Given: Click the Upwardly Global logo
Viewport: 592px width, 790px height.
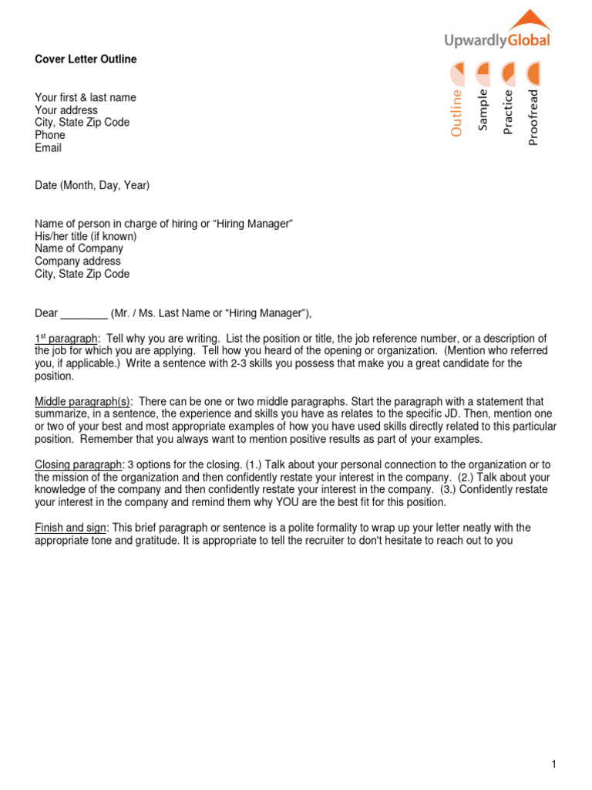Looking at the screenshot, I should (498, 31).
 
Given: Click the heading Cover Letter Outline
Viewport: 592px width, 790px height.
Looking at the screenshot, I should (86, 59).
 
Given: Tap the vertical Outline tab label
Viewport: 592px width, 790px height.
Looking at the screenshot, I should (457, 113).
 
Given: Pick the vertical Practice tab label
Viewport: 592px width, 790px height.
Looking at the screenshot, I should (508, 113).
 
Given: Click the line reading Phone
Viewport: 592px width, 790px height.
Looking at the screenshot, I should (50, 135).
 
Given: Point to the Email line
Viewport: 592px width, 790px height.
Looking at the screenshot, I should (49, 147).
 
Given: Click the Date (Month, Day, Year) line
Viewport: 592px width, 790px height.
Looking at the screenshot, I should (92, 185).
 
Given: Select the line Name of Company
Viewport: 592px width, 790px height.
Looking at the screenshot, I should (79, 248).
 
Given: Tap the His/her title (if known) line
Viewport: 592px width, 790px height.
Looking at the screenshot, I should (86, 236).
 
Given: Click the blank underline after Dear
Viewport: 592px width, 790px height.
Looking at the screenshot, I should (84, 312).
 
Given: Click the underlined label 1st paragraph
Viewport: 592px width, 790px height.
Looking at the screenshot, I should (67, 339).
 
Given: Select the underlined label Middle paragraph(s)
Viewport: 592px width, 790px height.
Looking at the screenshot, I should (83, 402).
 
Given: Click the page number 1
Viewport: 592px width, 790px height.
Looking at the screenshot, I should (553, 764).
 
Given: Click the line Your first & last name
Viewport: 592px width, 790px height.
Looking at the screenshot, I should (86, 97).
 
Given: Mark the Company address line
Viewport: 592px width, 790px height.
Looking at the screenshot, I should (78, 262).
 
